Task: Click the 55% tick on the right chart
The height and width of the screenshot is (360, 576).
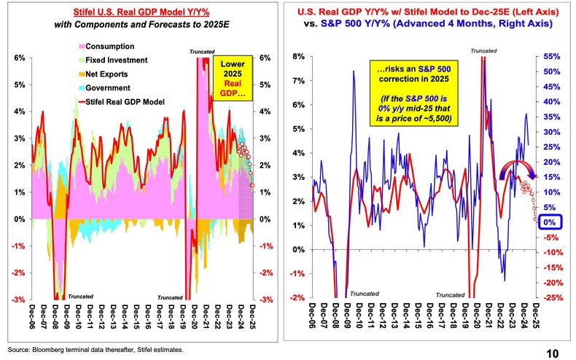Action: [551, 56]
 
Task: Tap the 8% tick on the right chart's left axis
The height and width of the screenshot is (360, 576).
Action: [299, 56]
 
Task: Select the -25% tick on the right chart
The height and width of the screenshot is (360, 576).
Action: [552, 297]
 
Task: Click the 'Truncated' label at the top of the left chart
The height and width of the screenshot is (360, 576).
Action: [201, 52]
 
